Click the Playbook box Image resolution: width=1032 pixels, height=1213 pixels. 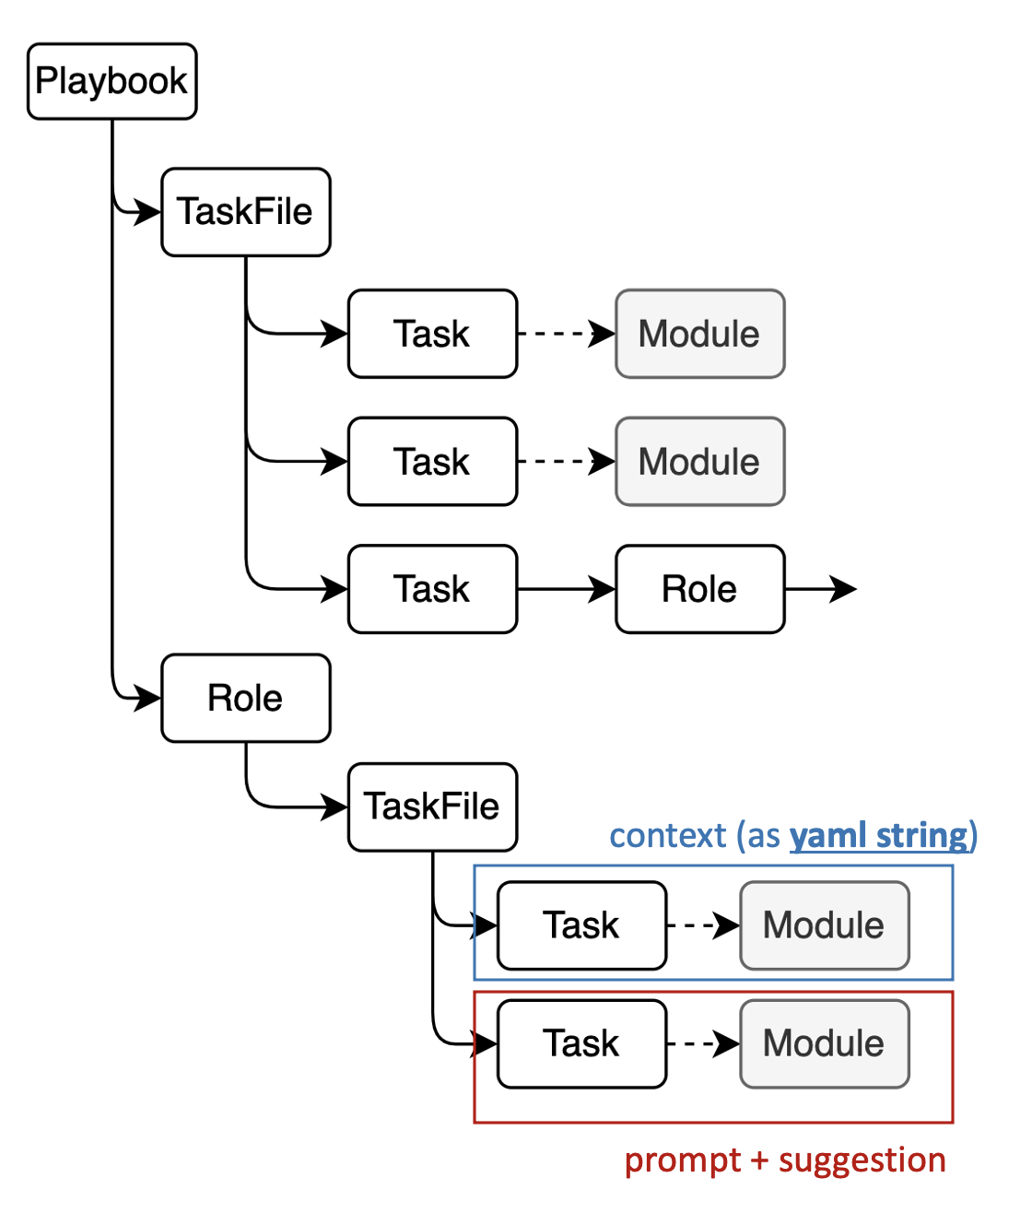pyautogui.click(x=111, y=81)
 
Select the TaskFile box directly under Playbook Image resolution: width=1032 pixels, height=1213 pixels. pyautogui.click(x=245, y=212)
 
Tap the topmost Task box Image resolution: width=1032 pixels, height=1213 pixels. pyautogui.click(x=432, y=334)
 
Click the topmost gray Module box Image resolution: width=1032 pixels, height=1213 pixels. pyautogui.click(x=699, y=334)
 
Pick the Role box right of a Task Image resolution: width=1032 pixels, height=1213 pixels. pyautogui.click(x=699, y=589)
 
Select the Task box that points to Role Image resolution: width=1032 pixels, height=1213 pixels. pyautogui.click(x=432, y=589)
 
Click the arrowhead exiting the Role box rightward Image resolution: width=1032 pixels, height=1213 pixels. pyautogui.click(x=842, y=589)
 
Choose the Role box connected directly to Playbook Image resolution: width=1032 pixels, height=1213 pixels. pyautogui.click(x=245, y=698)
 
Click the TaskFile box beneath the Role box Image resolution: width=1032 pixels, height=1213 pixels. pyautogui.click(x=432, y=807)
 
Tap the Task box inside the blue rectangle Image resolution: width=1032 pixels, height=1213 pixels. pyautogui.click(x=581, y=925)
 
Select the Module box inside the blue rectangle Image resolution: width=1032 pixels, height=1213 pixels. pyautogui.click(x=824, y=925)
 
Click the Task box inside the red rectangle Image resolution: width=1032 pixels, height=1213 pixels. pyautogui.click(x=581, y=1043)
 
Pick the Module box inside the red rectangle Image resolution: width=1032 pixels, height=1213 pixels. pyautogui.click(x=824, y=1043)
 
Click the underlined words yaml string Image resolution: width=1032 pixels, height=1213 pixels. pyautogui.click(x=879, y=836)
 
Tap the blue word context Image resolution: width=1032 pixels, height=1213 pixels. pyautogui.click(x=668, y=836)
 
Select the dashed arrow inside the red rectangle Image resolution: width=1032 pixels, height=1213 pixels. pyautogui.click(x=703, y=1043)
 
